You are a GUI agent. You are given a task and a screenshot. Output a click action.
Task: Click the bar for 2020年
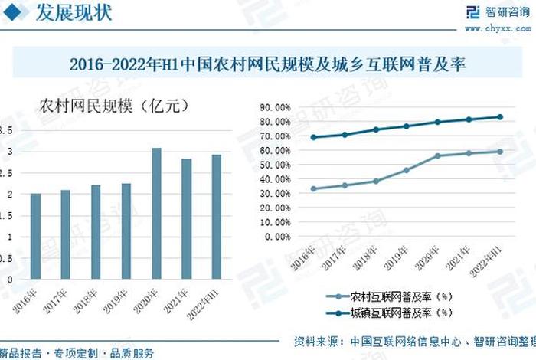click(x=156, y=214)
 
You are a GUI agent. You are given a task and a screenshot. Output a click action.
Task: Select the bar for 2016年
click(x=35, y=237)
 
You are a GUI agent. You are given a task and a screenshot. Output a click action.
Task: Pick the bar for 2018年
click(x=96, y=232)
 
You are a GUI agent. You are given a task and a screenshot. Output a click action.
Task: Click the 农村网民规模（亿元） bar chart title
click(x=113, y=106)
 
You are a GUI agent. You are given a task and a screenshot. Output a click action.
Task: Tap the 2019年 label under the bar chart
click(x=118, y=301)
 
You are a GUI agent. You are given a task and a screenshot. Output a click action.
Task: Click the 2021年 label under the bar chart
click(x=178, y=301)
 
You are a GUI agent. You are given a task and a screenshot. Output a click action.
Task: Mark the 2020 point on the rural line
click(x=438, y=155)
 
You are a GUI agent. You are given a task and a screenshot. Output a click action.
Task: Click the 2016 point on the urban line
click(x=313, y=137)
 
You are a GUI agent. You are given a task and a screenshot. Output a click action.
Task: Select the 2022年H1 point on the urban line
click(x=500, y=117)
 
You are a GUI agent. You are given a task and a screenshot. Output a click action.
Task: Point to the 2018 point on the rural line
click(x=376, y=181)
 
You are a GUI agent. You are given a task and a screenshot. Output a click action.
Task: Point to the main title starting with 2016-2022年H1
click(x=267, y=64)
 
